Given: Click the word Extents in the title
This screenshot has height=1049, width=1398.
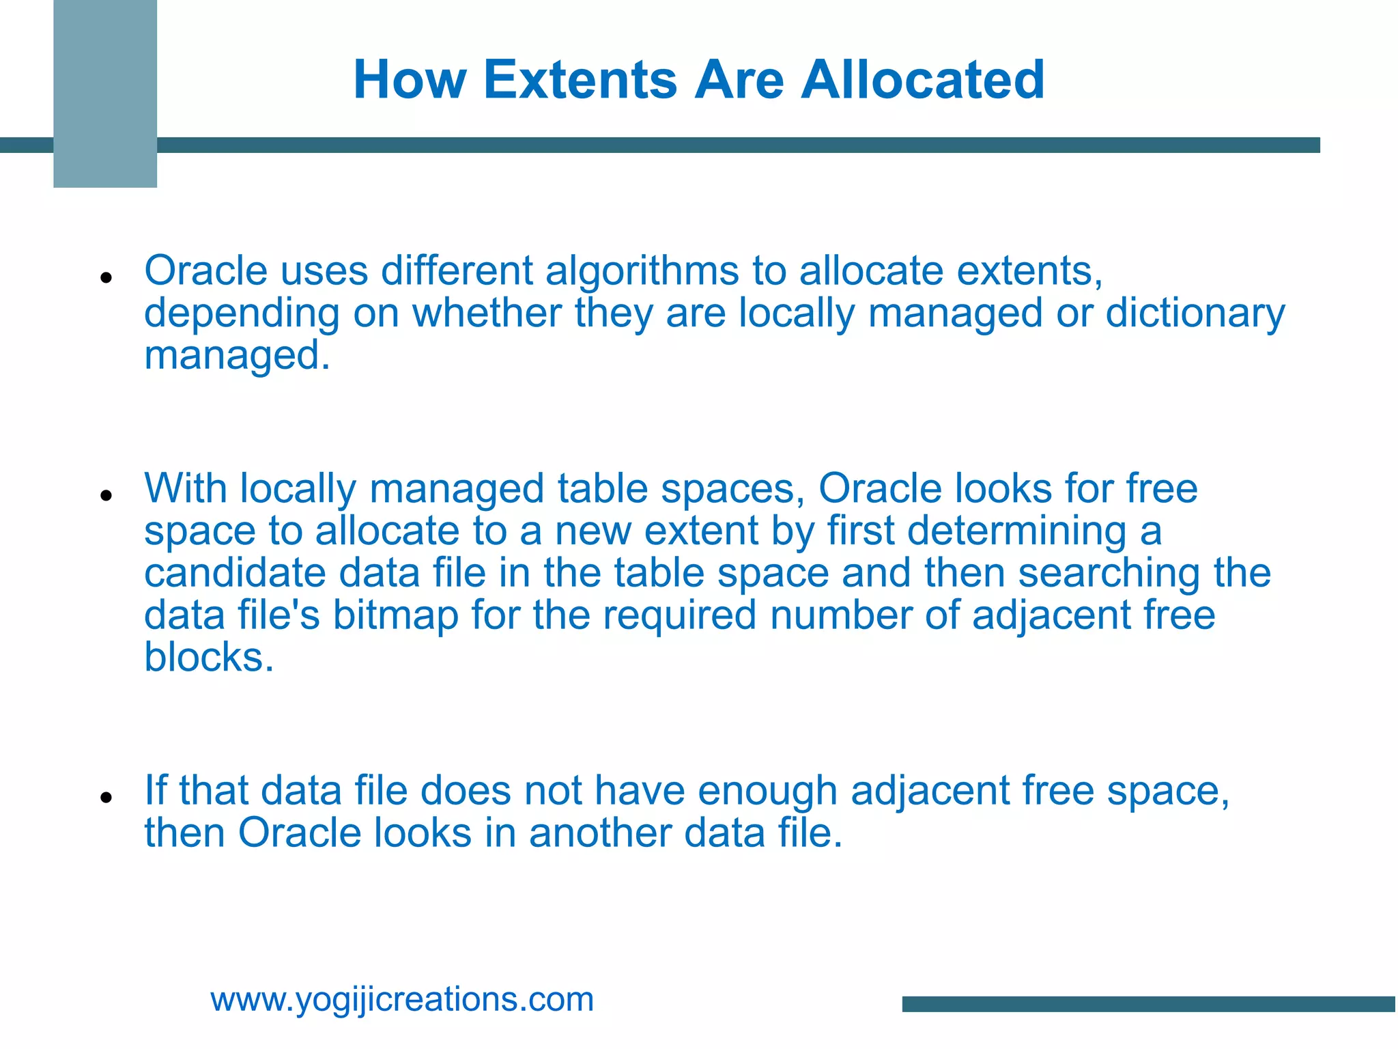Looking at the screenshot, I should [580, 80].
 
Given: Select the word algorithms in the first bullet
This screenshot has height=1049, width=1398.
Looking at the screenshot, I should [642, 272].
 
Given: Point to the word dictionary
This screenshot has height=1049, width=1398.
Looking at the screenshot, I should [1195, 314].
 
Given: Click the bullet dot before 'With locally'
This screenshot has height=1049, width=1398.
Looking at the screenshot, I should [105, 495].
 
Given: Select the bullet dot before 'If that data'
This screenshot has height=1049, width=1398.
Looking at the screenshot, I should [105, 797].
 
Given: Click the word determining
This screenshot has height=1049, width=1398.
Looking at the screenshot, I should [1017, 531].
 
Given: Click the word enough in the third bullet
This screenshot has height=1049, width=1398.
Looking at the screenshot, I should [767, 792].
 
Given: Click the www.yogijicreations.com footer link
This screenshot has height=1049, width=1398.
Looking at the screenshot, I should [402, 1000].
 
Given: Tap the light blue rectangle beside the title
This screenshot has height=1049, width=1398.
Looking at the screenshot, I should [105, 94].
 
